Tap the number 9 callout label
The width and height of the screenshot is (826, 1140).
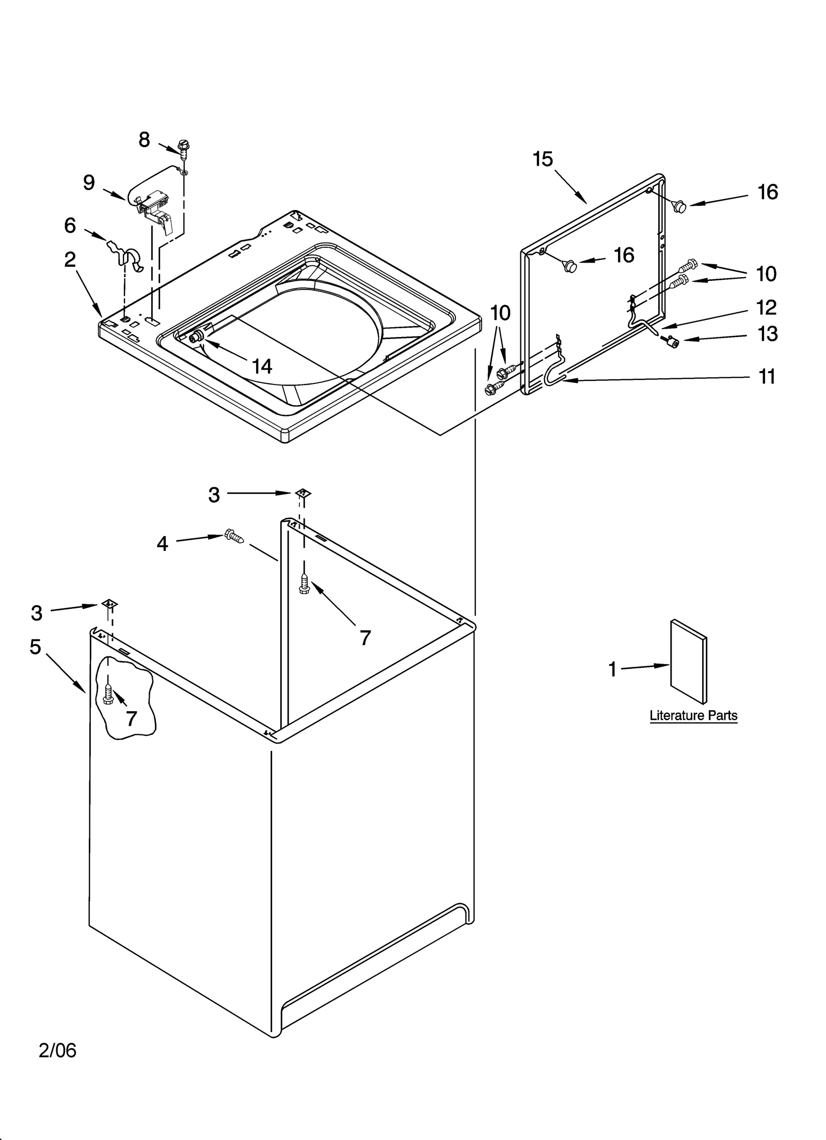pyautogui.click(x=89, y=183)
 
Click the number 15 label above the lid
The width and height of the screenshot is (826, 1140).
pyautogui.click(x=543, y=159)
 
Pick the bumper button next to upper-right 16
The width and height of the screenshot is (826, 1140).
pyautogui.click(x=679, y=206)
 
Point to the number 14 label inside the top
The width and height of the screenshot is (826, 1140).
pyautogui.click(x=262, y=366)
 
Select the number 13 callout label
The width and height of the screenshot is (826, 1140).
pyautogui.click(x=767, y=334)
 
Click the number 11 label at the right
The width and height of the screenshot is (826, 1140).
pyautogui.click(x=767, y=377)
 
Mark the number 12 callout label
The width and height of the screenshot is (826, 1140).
pyautogui.click(x=766, y=308)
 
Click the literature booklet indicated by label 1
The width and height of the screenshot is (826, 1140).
pyautogui.click(x=688, y=661)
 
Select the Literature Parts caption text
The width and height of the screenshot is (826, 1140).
pyautogui.click(x=693, y=715)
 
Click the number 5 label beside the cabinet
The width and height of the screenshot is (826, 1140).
pyautogui.click(x=35, y=647)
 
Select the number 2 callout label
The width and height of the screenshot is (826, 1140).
pyautogui.click(x=70, y=260)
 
